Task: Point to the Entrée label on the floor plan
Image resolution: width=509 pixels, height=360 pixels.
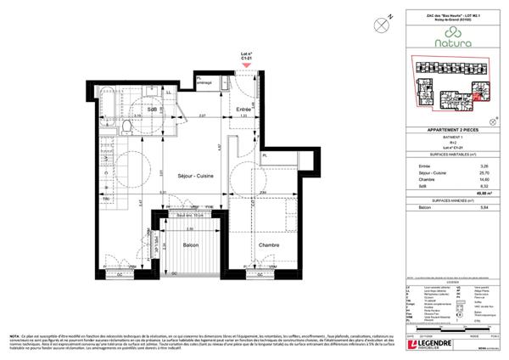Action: click(x=243, y=110)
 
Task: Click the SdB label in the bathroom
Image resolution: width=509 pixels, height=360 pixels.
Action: click(x=153, y=111)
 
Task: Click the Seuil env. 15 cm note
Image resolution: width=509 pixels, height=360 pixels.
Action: click(x=194, y=217)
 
